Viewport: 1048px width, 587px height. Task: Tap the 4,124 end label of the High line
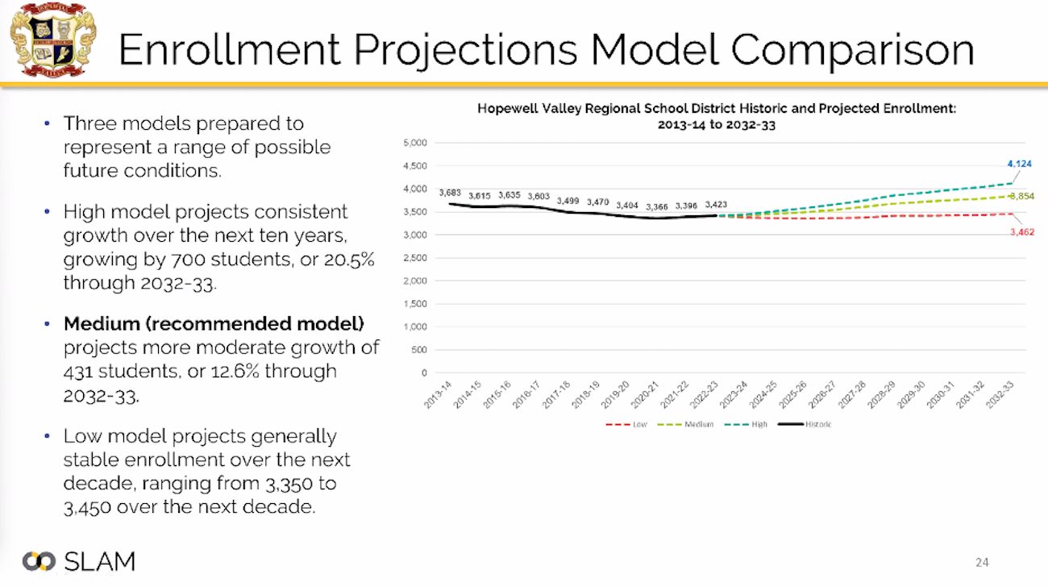pyautogui.click(x=1018, y=164)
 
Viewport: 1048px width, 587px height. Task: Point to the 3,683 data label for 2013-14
pyautogui.click(x=449, y=193)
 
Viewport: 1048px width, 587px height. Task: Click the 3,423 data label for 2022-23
pyautogui.click(x=716, y=205)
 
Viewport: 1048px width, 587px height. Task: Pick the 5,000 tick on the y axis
pyautogui.click(x=415, y=144)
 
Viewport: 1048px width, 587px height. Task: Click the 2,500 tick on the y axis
pyautogui.click(x=415, y=258)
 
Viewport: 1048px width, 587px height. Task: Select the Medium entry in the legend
pyautogui.click(x=692, y=424)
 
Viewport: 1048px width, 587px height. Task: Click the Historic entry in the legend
pyautogui.click(x=810, y=424)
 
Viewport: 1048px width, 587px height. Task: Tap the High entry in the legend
pyautogui.click(x=751, y=424)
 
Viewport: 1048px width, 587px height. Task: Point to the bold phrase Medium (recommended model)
pyautogui.click(x=214, y=324)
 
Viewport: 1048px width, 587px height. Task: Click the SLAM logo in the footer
pyautogui.click(x=79, y=562)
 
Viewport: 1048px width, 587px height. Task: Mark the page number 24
pyautogui.click(x=982, y=562)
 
